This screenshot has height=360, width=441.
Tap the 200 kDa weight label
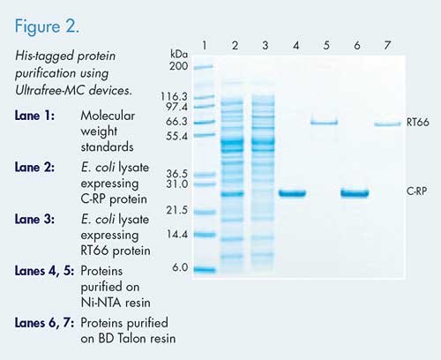tap(178, 65)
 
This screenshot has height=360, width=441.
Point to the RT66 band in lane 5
tap(324, 123)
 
